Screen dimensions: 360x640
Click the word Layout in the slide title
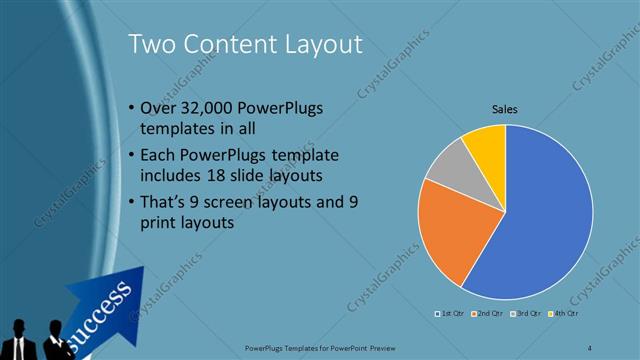pos(317,43)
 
